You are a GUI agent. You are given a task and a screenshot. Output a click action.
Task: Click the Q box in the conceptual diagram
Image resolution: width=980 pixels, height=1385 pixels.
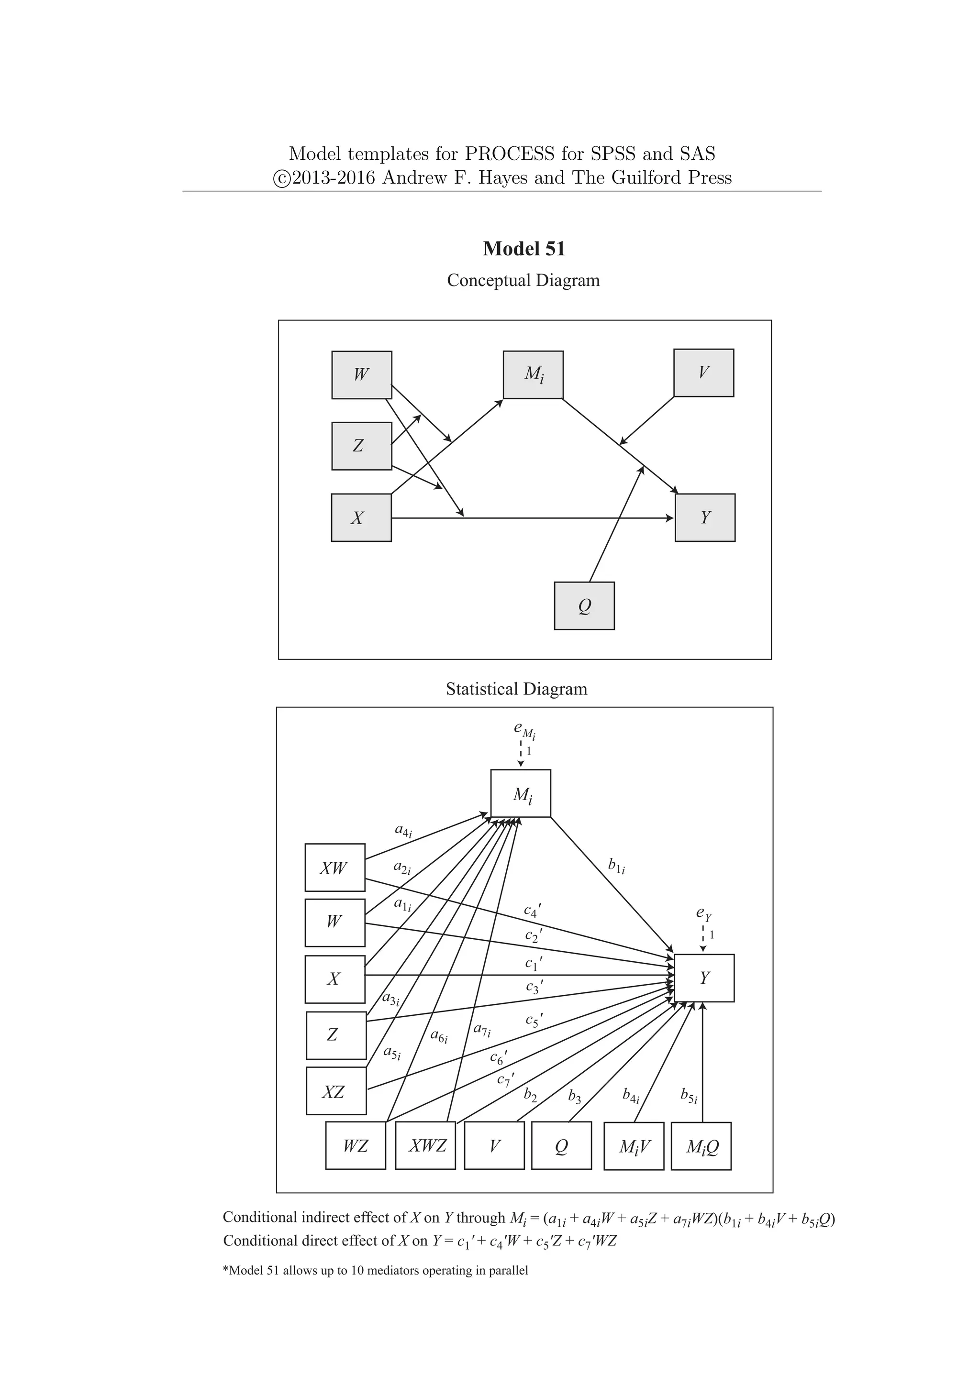point(584,605)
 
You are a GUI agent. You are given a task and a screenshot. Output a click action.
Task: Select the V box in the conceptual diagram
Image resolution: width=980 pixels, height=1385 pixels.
point(703,373)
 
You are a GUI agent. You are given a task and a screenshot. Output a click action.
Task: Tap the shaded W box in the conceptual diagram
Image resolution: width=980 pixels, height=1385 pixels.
point(361,374)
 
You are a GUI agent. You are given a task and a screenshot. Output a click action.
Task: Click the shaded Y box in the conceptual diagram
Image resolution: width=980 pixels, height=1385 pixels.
point(705,517)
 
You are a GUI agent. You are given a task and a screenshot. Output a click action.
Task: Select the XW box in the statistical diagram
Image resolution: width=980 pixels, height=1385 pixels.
point(335,868)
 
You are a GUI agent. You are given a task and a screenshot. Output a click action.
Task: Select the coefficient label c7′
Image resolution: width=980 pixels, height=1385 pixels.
point(506,1079)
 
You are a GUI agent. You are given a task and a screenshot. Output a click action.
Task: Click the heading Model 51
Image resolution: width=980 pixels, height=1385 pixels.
point(524,249)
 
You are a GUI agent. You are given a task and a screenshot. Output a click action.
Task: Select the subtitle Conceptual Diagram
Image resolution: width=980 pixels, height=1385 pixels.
point(523,281)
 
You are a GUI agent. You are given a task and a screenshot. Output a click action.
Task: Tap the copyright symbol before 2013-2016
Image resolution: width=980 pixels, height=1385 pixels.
point(281,178)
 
